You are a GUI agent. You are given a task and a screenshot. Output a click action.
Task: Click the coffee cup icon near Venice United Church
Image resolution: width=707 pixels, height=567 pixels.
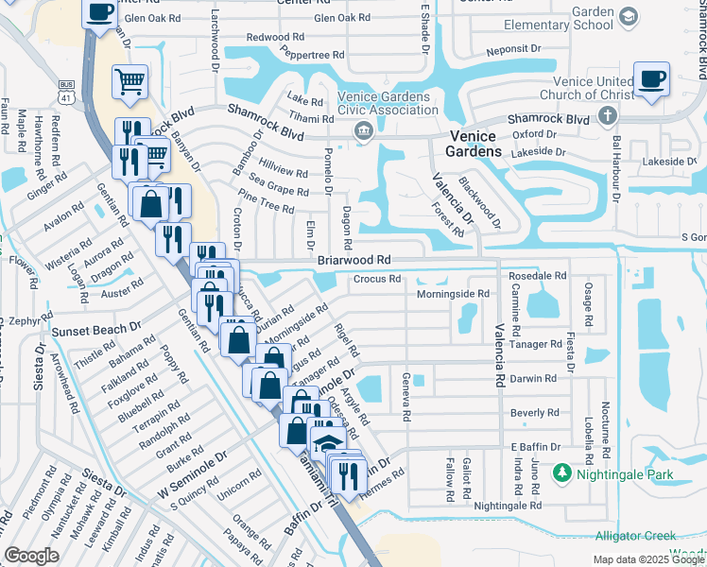point(650,79)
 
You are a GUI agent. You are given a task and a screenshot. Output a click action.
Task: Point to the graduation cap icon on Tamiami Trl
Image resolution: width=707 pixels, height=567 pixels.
point(326,443)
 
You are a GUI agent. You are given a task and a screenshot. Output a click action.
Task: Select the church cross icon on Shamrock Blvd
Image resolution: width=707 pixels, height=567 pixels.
point(607,116)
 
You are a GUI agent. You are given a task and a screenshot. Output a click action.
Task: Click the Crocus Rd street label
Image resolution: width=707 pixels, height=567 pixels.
point(377,279)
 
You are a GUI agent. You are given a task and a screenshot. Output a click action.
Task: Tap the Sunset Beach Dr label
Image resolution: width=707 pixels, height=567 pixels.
point(96,332)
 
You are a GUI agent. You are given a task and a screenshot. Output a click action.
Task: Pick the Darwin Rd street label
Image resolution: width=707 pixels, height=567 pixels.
point(534,379)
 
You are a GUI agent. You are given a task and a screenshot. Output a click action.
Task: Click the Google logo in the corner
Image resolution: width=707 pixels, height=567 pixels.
point(31,556)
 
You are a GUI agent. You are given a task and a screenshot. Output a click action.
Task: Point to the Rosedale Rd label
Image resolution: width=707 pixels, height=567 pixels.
point(537,275)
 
